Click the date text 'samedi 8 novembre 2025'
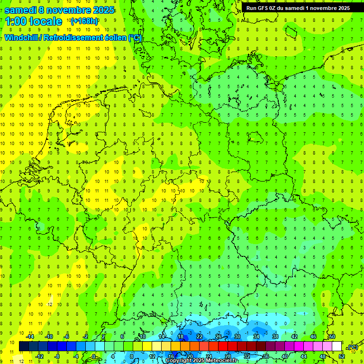59,9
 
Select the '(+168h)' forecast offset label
84,21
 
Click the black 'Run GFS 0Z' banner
298,8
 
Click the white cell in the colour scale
337,346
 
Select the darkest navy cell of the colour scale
24,346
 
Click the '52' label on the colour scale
342,356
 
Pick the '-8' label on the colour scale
57,356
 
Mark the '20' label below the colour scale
190,356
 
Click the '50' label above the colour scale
332,337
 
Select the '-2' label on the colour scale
86,337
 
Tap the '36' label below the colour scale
266,356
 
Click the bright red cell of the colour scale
223,346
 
